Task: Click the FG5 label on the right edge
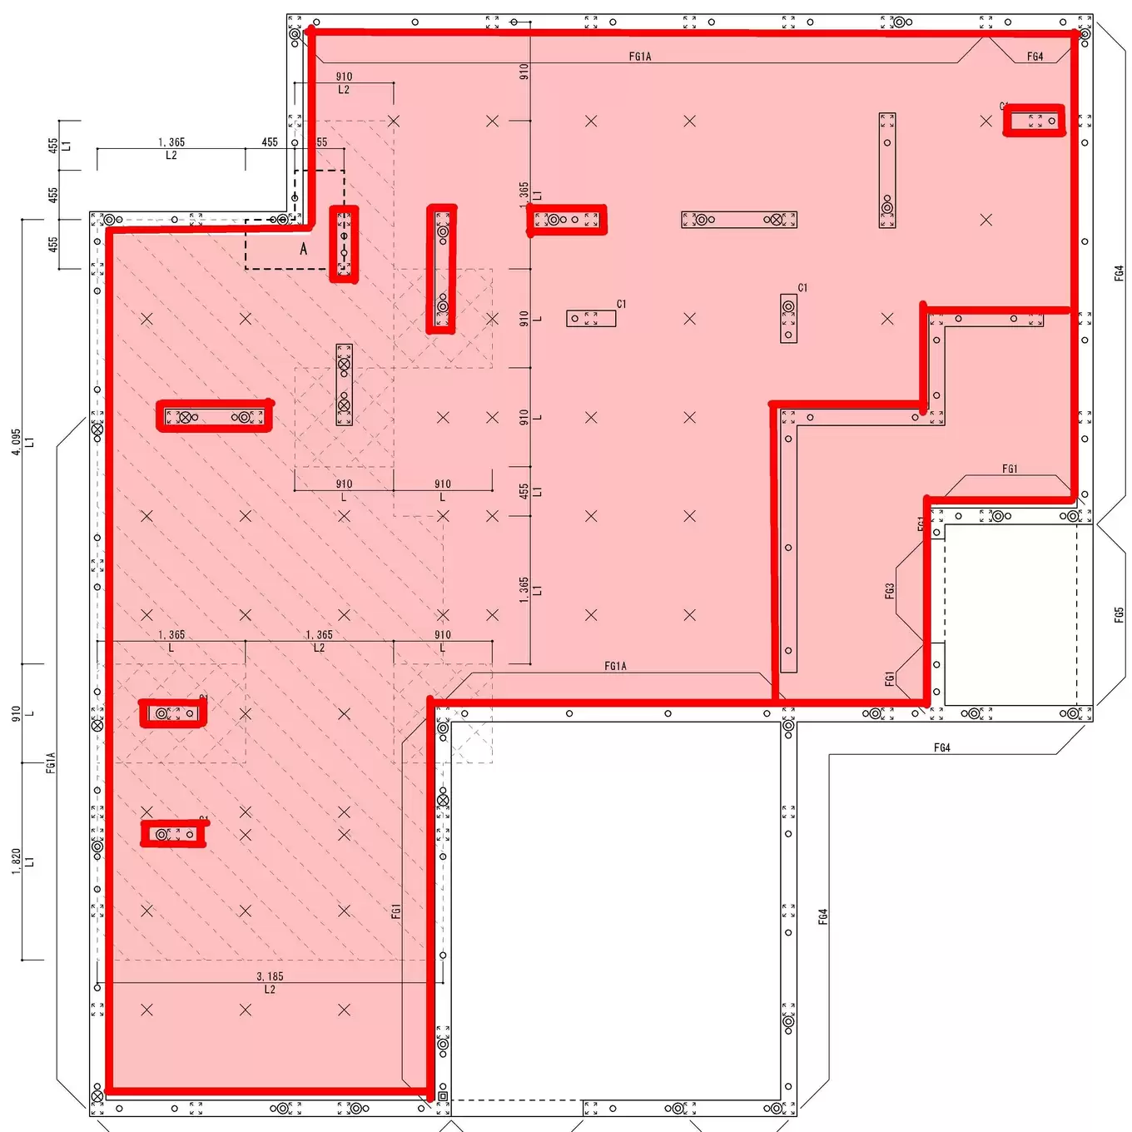[1119, 614]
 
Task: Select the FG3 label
[890, 591]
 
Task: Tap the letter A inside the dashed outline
[304, 249]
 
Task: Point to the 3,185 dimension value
[270, 976]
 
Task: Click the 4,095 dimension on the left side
[16, 442]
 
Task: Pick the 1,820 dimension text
[16, 861]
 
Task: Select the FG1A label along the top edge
[640, 57]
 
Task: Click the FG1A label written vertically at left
[51, 762]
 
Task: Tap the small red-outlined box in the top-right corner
[1034, 121]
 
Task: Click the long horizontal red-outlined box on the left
[215, 416]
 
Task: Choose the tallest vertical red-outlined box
[441, 269]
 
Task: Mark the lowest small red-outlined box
[173, 833]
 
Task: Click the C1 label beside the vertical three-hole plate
[802, 288]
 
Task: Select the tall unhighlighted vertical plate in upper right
[887, 171]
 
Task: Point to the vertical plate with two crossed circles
[344, 385]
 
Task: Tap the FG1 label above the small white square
[1010, 469]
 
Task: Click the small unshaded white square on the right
[1010, 614]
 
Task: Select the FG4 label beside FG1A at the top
[1035, 57]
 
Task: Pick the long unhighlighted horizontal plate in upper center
[739, 220]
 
